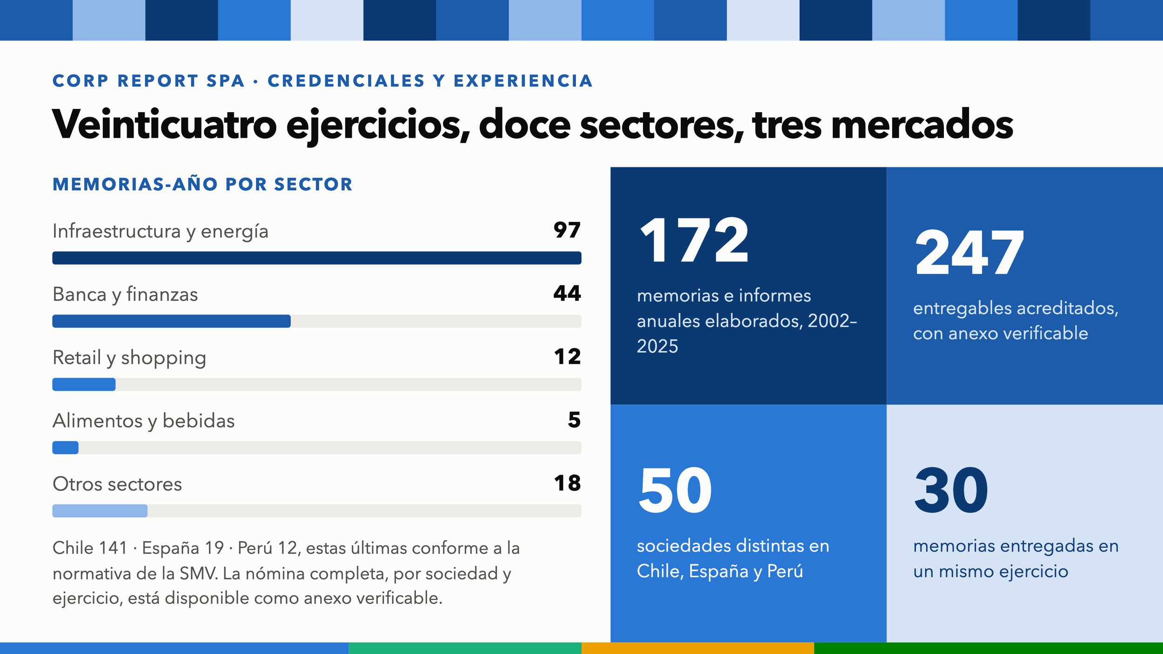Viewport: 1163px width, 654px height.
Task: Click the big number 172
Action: coord(694,241)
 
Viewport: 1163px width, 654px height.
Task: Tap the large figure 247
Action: coord(969,253)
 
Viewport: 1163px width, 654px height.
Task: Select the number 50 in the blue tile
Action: coord(675,490)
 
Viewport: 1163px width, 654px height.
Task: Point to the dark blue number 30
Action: coord(951,490)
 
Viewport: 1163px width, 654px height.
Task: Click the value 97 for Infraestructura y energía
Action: coord(567,230)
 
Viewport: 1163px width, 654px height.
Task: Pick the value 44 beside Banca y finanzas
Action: coord(567,294)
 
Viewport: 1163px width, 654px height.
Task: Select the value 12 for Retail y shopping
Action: coord(568,357)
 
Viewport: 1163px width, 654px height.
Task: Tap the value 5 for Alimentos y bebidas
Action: coord(575,420)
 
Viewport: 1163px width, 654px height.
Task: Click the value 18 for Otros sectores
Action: coord(568,483)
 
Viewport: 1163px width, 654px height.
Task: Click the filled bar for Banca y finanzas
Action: coord(172,321)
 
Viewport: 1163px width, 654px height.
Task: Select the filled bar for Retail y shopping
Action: coord(84,384)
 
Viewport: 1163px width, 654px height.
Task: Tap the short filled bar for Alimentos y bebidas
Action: coord(66,447)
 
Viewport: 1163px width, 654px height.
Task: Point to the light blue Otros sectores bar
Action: coord(100,511)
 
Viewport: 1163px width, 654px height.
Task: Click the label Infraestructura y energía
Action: coord(160,231)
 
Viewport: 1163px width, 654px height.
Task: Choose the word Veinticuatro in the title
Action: coord(165,124)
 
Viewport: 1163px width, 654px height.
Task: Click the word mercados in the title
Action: coord(922,124)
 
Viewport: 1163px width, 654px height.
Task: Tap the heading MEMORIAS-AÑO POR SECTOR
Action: coord(202,185)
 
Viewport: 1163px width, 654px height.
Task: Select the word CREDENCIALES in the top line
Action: coord(346,81)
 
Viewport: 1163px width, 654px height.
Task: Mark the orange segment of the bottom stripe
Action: coord(698,648)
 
